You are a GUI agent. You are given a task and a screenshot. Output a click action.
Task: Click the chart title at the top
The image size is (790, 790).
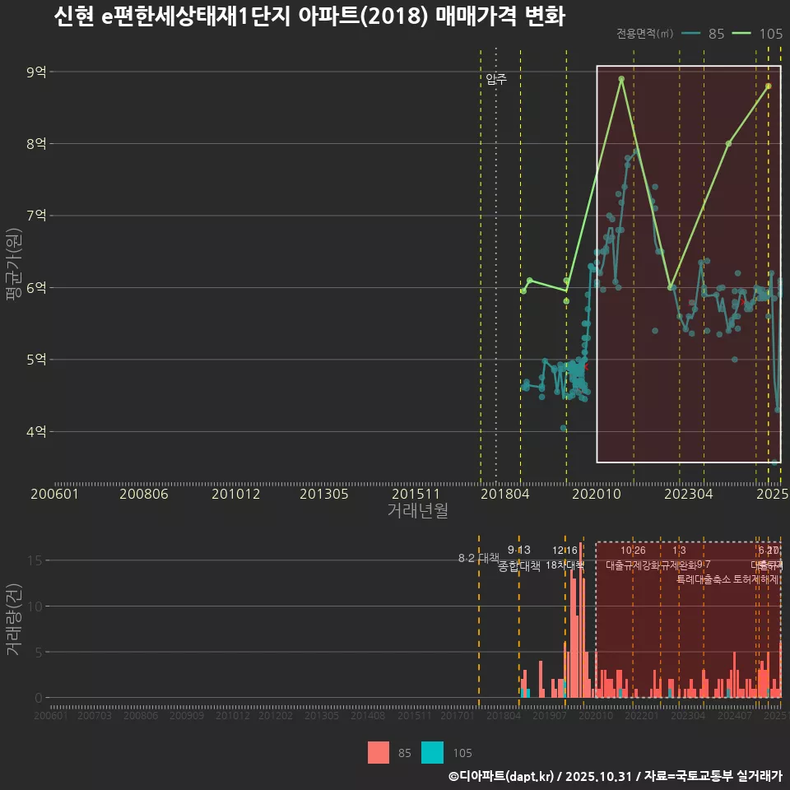(x=309, y=17)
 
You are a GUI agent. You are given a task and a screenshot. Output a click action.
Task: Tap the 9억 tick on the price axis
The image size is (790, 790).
(x=35, y=72)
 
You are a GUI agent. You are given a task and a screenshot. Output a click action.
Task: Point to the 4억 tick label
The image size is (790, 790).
(x=35, y=432)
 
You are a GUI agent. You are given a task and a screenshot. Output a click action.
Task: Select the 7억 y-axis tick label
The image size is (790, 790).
(x=35, y=216)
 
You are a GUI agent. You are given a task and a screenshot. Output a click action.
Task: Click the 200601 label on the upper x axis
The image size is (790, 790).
(x=53, y=495)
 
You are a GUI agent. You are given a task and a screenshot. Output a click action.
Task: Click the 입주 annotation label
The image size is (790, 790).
(x=496, y=79)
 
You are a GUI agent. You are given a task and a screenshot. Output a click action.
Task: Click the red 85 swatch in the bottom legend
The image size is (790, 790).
(x=379, y=752)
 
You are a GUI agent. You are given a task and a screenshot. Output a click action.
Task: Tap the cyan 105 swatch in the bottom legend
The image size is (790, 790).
(x=432, y=752)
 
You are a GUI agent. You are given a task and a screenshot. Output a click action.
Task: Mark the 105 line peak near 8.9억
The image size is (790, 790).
(x=621, y=79)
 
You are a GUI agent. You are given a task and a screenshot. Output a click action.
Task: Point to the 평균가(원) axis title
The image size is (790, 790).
(x=13, y=265)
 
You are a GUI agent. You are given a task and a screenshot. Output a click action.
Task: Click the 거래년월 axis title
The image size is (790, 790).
(x=417, y=511)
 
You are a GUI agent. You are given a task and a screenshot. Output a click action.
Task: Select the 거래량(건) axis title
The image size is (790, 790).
(x=13, y=620)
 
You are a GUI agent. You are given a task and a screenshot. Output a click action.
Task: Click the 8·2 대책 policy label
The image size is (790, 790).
(x=478, y=558)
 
